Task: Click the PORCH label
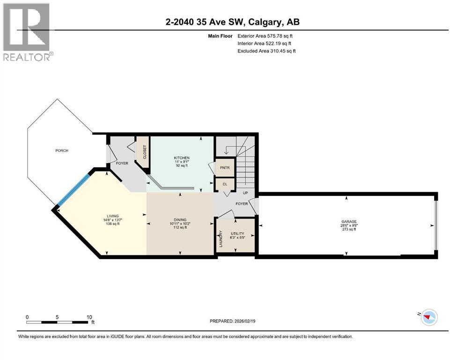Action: pos(62,150)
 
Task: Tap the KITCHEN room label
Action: pos(182,158)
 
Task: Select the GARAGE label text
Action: pos(349,221)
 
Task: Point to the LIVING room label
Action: pos(113,216)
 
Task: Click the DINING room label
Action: pos(180,220)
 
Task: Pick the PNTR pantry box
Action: pos(225,168)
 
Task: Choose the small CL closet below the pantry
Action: pos(225,184)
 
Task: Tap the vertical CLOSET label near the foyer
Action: pos(145,152)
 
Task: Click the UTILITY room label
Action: pos(237,233)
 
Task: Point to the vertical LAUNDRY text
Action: pos(221,239)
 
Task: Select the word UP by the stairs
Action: pos(245,193)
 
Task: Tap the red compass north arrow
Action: pos(427,317)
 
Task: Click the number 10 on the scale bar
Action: pos(89,317)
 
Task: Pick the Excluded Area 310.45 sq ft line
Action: pos(266,51)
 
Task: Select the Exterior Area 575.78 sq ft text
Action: pos(265,36)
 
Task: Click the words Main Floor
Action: pos(220,36)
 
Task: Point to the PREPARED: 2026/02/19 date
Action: pos(232,321)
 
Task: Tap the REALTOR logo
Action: pos(27,32)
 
